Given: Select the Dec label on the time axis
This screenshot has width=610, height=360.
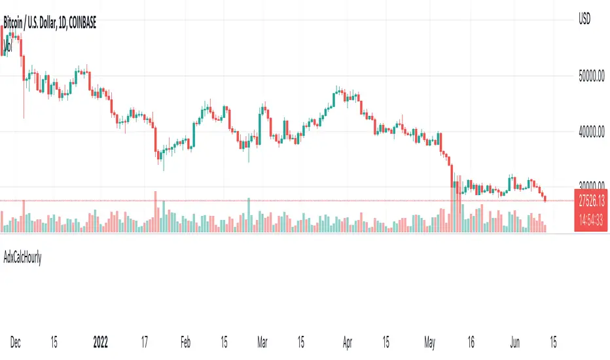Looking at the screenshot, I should [x=16, y=341].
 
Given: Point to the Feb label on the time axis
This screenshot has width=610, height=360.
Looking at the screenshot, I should [x=185, y=341].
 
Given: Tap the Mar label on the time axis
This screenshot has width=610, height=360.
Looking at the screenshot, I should [x=261, y=341].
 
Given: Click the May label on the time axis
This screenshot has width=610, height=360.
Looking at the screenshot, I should [x=429, y=341].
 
